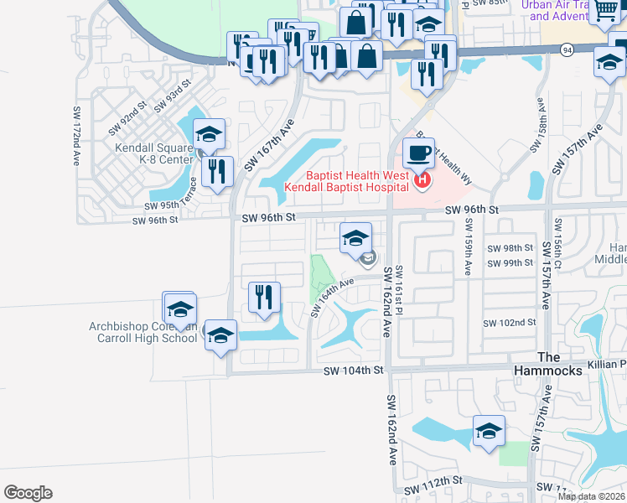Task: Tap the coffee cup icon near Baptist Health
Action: (418, 153)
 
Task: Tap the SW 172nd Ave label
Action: (76, 133)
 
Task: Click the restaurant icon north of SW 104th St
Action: (264, 297)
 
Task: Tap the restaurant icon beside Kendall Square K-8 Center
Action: (218, 171)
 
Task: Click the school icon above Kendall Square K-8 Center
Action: (209, 134)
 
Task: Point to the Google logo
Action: (28, 493)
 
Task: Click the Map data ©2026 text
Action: (592, 496)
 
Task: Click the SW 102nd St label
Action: (510, 323)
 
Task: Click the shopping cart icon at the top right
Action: (604, 10)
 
